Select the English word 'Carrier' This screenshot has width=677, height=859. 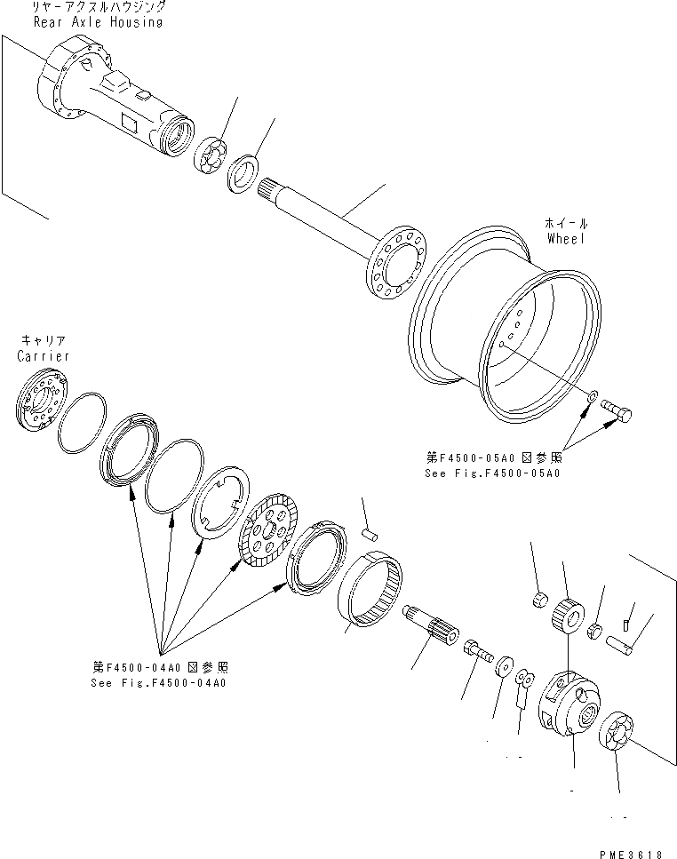click(42, 355)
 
